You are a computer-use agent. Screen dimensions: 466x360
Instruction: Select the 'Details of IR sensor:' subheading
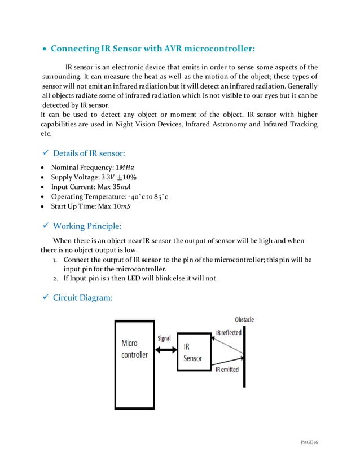click(89, 153)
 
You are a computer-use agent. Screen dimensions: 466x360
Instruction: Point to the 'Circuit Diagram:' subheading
click(82, 297)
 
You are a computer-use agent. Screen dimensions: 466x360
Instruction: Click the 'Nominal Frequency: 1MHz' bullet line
click(93, 168)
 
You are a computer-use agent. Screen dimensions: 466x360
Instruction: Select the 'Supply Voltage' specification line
click(94, 177)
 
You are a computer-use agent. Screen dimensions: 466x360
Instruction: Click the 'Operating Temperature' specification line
click(109, 196)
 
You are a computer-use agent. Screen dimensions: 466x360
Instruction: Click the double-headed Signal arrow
click(166, 350)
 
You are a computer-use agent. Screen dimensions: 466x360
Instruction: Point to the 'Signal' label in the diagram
click(164, 338)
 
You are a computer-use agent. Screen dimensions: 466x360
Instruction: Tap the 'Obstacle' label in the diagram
click(244, 320)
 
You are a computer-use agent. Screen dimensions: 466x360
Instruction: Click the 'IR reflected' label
click(228, 333)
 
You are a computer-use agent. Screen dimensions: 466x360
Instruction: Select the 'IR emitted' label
click(227, 370)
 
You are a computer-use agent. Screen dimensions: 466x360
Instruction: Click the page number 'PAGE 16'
click(309, 443)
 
